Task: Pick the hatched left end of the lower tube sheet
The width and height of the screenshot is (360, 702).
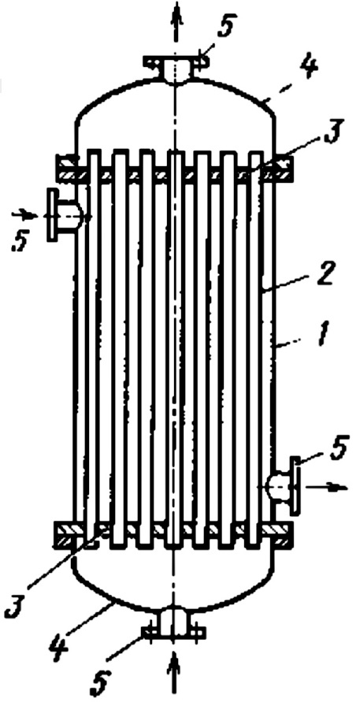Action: (66, 536)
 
